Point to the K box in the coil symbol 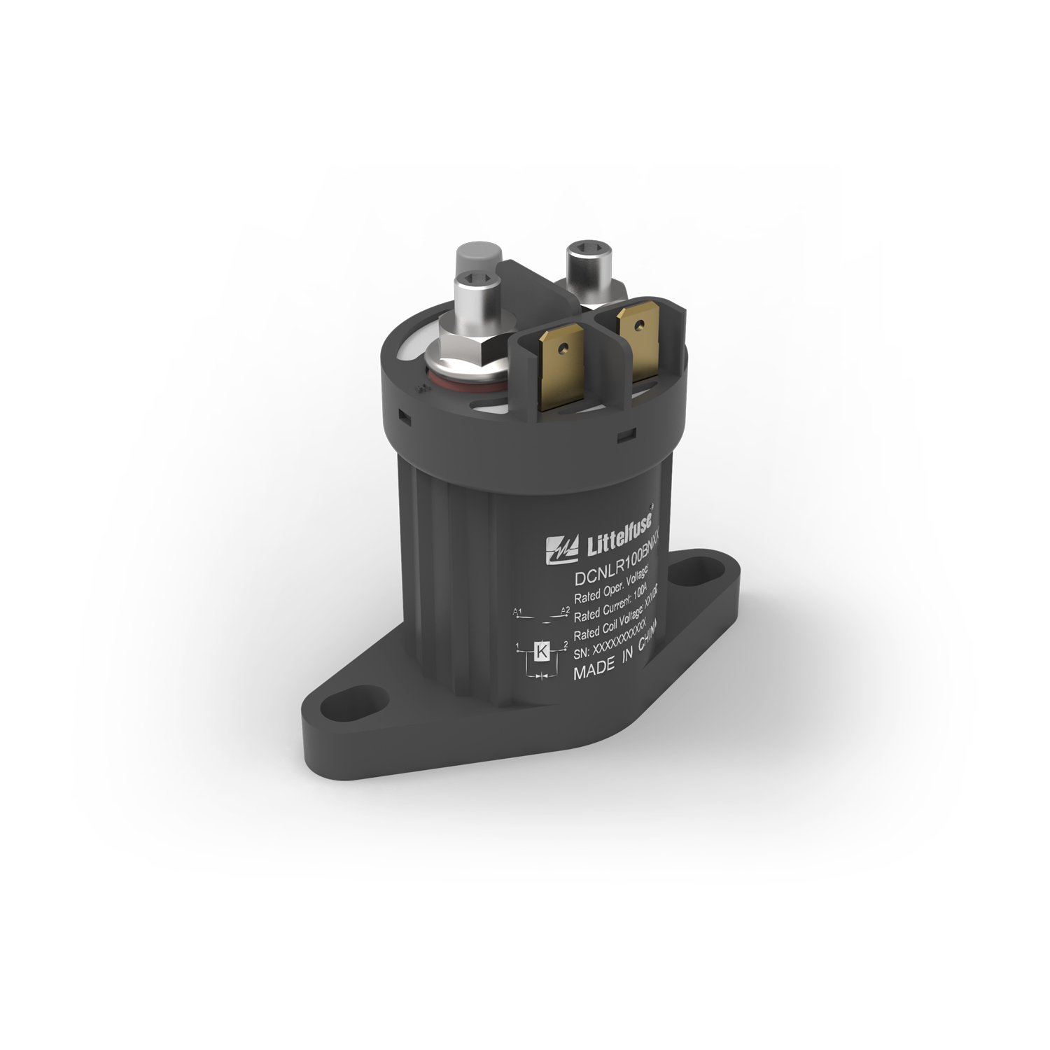541,651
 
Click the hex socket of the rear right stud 584,251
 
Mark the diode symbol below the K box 541,677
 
